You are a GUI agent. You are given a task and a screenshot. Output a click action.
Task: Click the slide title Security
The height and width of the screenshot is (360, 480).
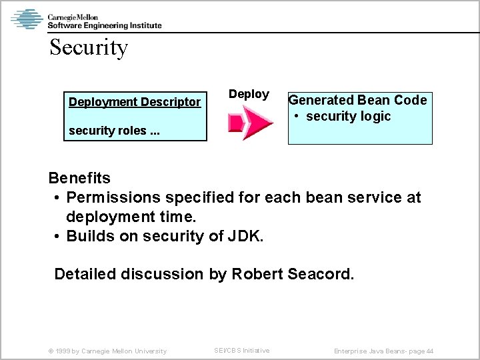[x=88, y=48]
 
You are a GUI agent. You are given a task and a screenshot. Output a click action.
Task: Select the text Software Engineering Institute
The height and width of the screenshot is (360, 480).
[x=104, y=25]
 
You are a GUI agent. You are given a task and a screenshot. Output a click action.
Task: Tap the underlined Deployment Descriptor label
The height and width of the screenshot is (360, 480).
[x=135, y=102]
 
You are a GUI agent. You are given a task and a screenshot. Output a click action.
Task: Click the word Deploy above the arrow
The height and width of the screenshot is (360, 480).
[x=249, y=95]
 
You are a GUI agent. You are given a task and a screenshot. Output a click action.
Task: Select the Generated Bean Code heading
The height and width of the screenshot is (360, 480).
[x=357, y=100]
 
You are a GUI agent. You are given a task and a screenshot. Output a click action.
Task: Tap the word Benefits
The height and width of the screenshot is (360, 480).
[x=79, y=179]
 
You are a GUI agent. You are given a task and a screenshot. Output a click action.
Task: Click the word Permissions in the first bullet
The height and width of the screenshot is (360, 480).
[x=114, y=198]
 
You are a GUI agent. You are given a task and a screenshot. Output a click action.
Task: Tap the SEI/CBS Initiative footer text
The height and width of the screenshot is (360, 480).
[x=241, y=350]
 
